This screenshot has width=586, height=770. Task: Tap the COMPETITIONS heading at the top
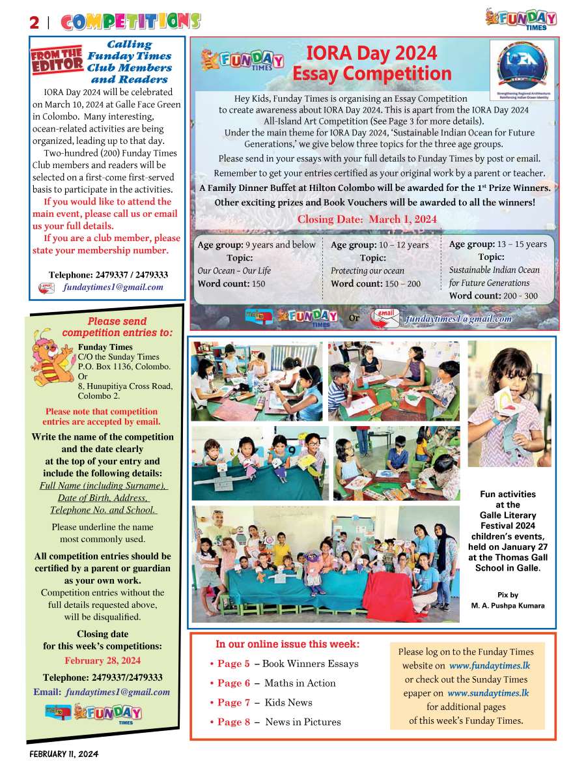[130, 21]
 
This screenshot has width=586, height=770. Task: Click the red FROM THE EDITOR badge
[57, 61]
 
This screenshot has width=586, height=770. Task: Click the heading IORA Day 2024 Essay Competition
[371, 63]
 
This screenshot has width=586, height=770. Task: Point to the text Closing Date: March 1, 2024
[367, 219]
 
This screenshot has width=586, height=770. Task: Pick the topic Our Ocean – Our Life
[234, 270]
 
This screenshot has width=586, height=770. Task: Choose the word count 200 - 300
[494, 296]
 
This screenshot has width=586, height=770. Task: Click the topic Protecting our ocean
[367, 270]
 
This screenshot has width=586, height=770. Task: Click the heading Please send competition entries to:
[117, 327]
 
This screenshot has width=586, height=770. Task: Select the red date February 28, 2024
[102, 661]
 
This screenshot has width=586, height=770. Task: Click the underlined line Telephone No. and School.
[103, 510]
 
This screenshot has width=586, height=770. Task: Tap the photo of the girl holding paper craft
[509, 404]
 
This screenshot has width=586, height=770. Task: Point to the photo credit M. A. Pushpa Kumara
[508, 606]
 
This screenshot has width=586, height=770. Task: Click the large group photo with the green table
[325, 563]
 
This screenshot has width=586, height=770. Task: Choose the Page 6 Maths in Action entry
[273, 683]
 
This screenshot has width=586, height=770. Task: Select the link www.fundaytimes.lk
[489, 666]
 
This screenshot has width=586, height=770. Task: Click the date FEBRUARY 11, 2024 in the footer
[63, 754]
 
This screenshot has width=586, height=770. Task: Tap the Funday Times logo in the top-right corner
[521, 18]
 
